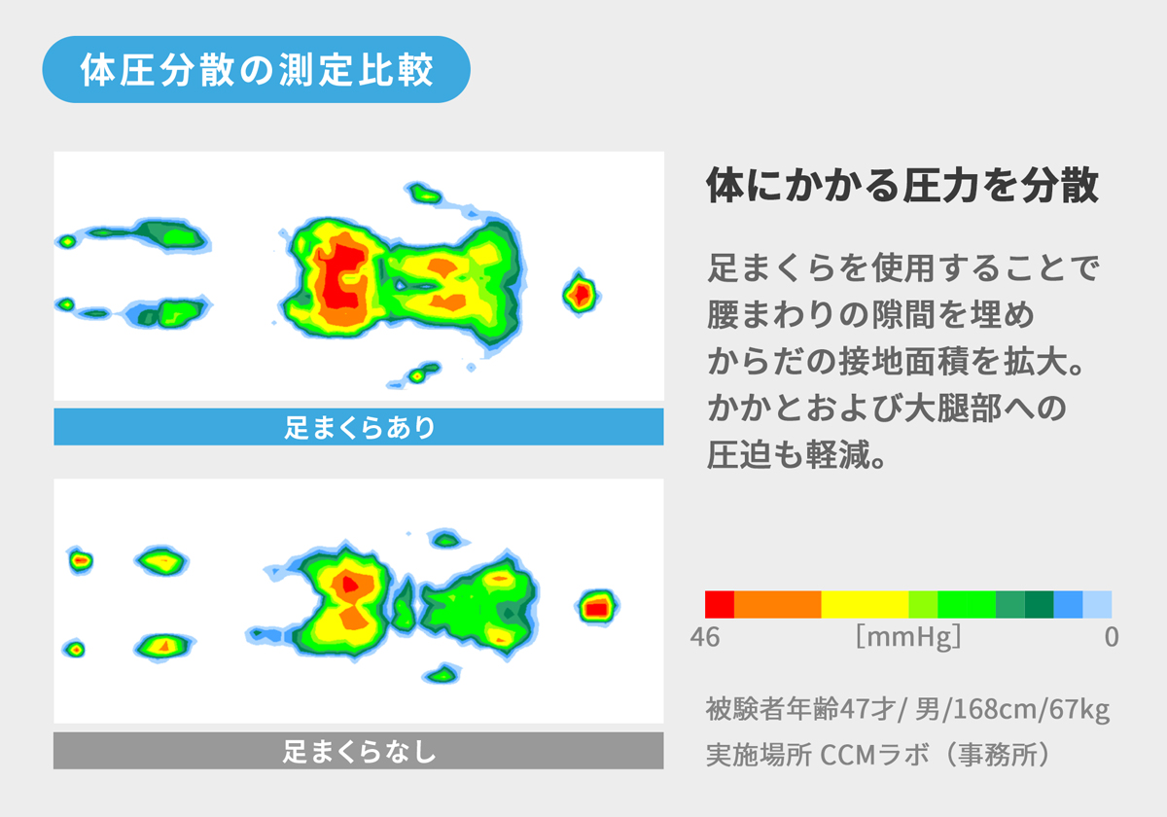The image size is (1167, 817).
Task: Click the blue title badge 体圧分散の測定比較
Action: point(257,70)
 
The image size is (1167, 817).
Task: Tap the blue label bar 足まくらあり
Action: point(358,427)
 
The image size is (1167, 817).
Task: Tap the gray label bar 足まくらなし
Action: point(358,751)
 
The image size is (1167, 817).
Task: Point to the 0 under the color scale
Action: point(1111,638)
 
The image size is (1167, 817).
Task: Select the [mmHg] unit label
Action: point(908,638)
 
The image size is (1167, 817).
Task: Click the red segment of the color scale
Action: point(720,604)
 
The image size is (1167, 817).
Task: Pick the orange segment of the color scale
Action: point(777,604)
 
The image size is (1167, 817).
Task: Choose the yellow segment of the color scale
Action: point(865,604)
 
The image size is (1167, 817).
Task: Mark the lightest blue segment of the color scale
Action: point(1097,604)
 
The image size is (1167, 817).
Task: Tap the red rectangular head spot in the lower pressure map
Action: point(596,608)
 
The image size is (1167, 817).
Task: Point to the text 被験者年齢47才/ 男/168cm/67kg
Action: point(907,709)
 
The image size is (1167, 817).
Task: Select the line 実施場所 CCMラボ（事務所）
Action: point(878,755)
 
